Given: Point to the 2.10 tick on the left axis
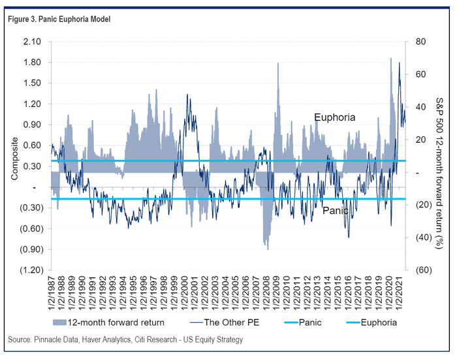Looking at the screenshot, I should [x=32, y=42].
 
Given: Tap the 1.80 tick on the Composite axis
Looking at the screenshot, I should [x=32, y=63].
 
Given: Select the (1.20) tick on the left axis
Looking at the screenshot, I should [x=31, y=270].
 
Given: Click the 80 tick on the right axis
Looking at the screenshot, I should [x=417, y=42].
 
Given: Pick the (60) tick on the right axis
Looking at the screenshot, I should [x=418, y=270].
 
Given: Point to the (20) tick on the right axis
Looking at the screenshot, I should [x=418, y=205].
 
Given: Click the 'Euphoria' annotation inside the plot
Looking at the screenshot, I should [x=334, y=117].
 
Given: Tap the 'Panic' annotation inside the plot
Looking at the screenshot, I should [x=334, y=211].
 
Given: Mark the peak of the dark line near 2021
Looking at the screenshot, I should [x=399, y=63].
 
